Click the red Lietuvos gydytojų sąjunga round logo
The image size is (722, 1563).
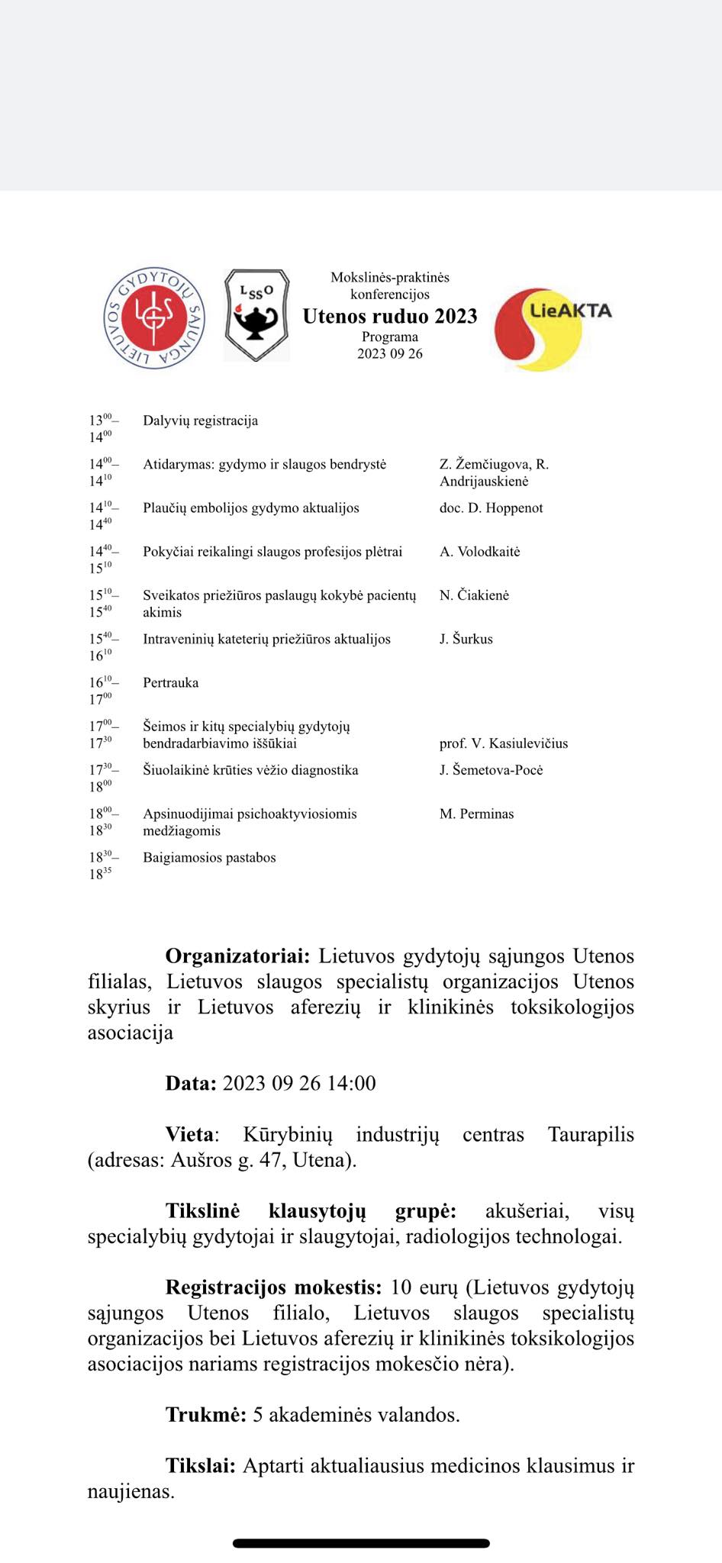click(154, 317)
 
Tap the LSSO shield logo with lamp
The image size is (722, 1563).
click(256, 314)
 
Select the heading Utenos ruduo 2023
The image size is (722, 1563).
click(390, 316)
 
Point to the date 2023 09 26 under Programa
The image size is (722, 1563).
click(390, 353)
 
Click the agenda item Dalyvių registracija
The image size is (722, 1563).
click(200, 421)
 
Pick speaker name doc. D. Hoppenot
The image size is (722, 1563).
click(491, 508)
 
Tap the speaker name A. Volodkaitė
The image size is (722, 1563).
click(479, 551)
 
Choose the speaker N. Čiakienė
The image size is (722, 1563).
click(474, 595)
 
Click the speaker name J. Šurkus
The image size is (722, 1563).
click(466, 639)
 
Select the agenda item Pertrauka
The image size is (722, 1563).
click(170, 682)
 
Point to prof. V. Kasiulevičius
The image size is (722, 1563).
click(503, 743)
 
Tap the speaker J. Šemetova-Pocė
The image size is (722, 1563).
click(491, 769)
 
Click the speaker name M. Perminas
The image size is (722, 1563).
click(476, 814)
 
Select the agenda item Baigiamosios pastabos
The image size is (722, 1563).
click(209, 857)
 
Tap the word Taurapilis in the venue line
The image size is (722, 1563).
click(591, 1134)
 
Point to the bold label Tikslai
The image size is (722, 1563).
click(201, 1465)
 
